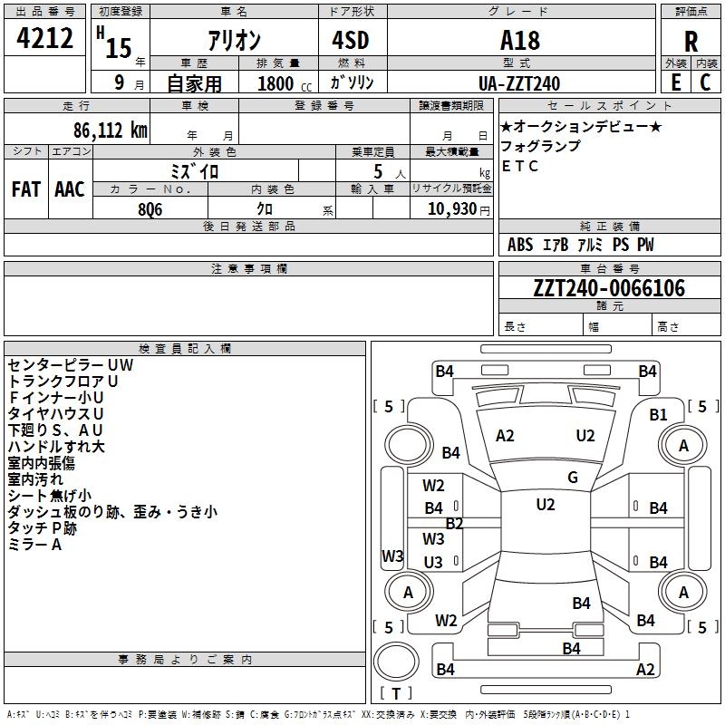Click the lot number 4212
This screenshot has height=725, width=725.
point(45,38)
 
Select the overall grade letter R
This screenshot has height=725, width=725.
point(691,41)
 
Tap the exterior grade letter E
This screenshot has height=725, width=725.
point(676,82)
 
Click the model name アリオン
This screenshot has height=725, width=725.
point(234,40)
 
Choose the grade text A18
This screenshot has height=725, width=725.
point(519,40)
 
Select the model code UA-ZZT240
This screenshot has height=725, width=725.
point(519,83)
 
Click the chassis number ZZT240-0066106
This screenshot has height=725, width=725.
point(609,288)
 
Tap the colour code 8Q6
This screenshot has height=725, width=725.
point(150,208)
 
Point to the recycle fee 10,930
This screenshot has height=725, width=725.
point(450,209)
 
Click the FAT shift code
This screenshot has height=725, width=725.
point(26,188)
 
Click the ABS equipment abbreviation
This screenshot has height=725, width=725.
point(520,245)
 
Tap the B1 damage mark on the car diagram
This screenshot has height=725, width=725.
point(658,414)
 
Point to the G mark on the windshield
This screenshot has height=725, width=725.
point(573,478)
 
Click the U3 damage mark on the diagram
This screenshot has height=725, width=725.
point(433,563)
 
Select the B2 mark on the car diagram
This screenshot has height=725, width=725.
point(454,524)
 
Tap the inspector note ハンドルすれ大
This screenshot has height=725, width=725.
point(56,446)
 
